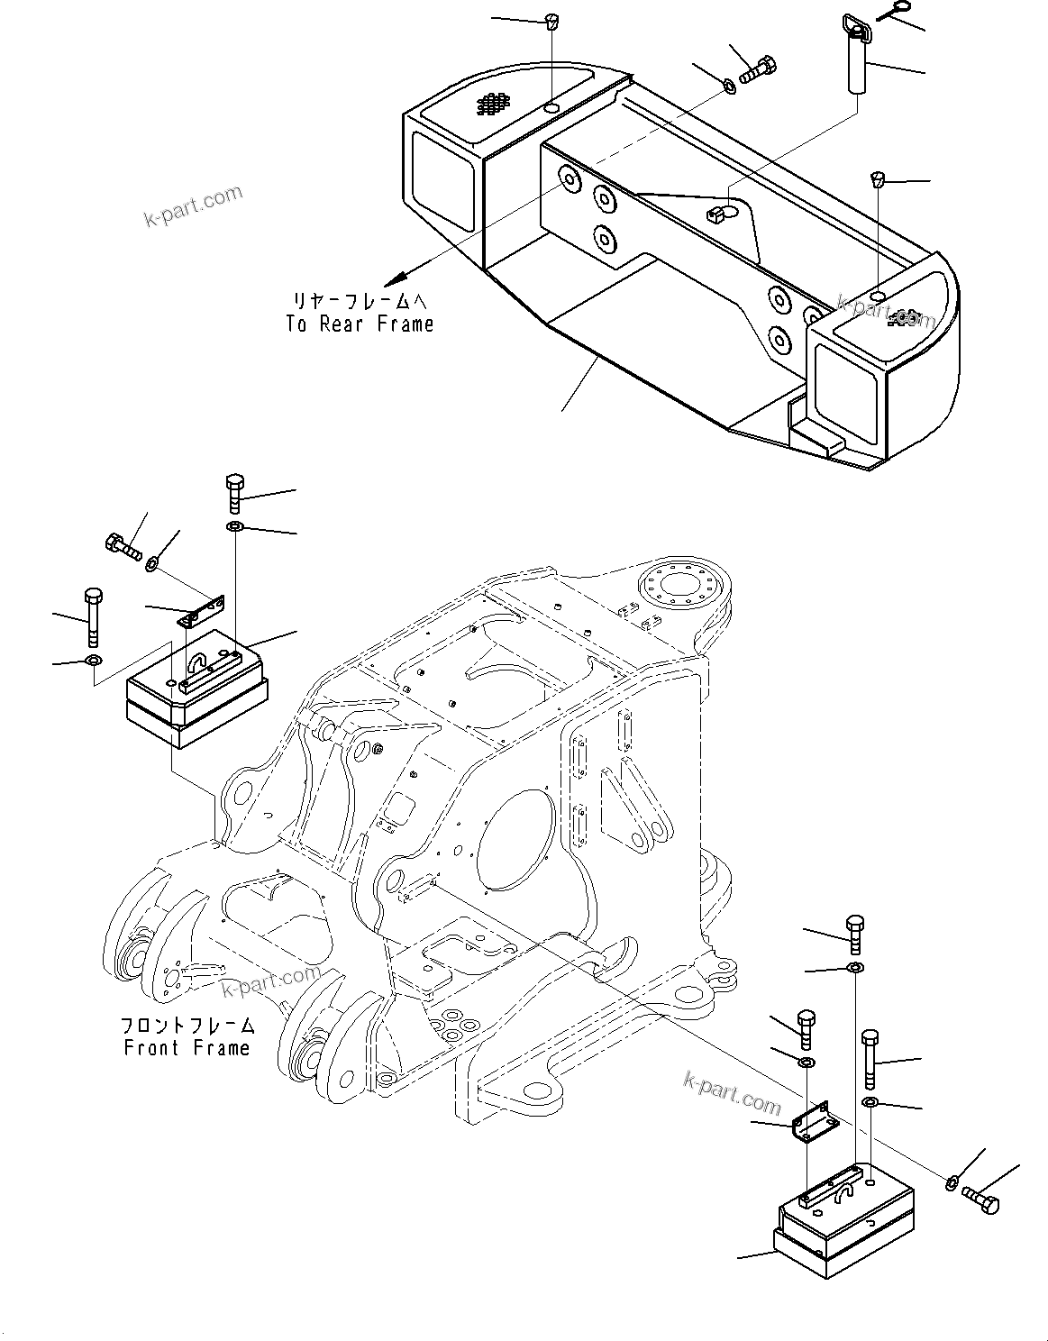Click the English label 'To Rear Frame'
click(360, 324)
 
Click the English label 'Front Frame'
click(187, 1048)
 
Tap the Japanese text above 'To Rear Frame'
click(360, 301)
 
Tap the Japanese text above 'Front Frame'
click(187, 1026)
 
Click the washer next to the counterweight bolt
click(727, 86)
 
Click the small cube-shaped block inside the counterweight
click(716, 214)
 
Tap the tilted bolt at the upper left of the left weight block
click(122, 547)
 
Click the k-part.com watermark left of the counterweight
click(193, 207)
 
